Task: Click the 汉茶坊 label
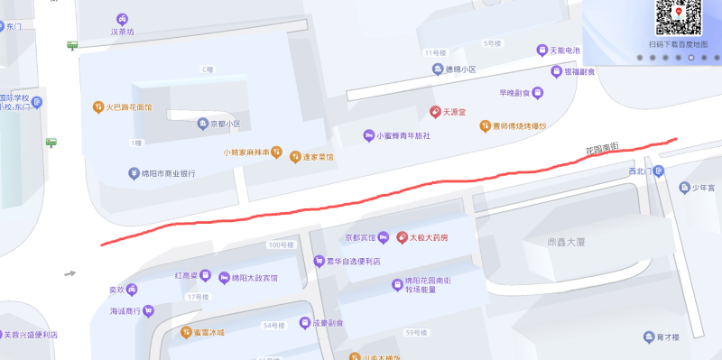(x=122, y=32)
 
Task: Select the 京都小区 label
(x=225, y=124)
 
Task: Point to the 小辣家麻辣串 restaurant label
(x=247, y=152)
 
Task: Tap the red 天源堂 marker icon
(x=435, y=112)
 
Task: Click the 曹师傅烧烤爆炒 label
(x=519, y=126)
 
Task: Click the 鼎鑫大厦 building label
(x=568, y=243)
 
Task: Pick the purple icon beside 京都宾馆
(x=383, y=238)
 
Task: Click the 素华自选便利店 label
(x=353, y=262)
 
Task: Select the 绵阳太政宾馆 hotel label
(x=255, y=277)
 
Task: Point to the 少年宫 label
(x=704, y=188)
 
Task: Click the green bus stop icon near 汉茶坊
(x=71, y=44)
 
